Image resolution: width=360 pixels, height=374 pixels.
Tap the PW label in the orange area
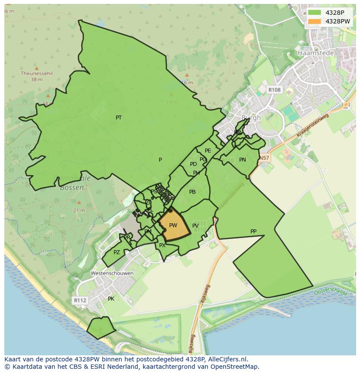[x=173, y=225]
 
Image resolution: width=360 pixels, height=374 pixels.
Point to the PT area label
[x=119, y=118]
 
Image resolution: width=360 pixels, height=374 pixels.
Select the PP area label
[x=253, y=232]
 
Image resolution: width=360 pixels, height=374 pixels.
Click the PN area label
[x=243, y=160]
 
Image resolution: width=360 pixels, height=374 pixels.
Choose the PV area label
[x=195, y=226]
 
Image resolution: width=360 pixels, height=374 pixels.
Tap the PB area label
[x=192, y=192]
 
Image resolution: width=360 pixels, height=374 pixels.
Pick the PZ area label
[x=117, y=252]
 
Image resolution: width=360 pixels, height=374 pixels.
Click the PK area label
[x=111, y=299]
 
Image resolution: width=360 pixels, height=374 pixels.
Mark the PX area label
[x=162, y=245]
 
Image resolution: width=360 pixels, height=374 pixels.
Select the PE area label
[x=208, y=151]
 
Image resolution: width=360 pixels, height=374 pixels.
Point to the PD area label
[x=193, y=164]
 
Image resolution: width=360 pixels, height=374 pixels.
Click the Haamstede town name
[x=316, y=53]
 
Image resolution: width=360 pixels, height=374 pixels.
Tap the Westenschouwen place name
[x=112, y=273]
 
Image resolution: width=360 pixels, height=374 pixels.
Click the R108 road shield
[x=274, y=90]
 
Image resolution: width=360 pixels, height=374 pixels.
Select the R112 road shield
[x=80, y=300]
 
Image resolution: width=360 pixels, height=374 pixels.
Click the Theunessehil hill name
[x=37, y=73]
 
